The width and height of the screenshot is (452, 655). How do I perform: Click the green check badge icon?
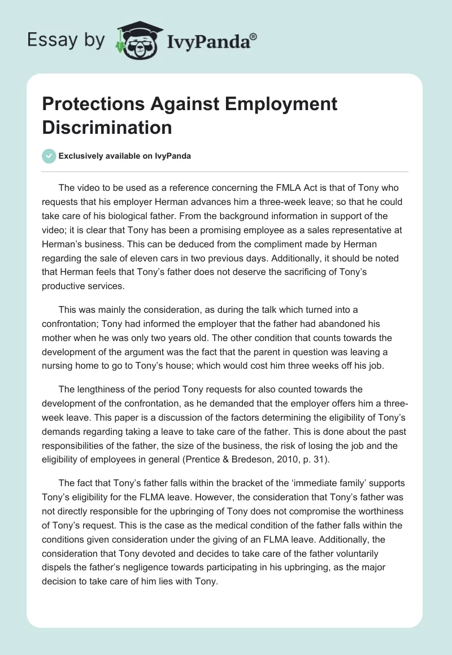(50, 156)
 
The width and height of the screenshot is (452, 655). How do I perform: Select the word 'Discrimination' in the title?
(107, 128)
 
